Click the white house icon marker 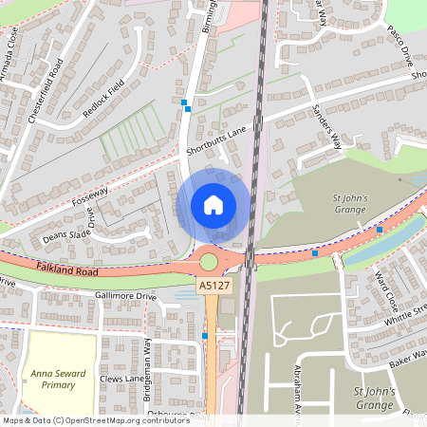coord(213,204)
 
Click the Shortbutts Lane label coord(216,139)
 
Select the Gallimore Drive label coord(125,296)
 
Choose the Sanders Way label coord(326,127)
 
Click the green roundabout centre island coord(209,260)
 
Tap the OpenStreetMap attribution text coord(95,419)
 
